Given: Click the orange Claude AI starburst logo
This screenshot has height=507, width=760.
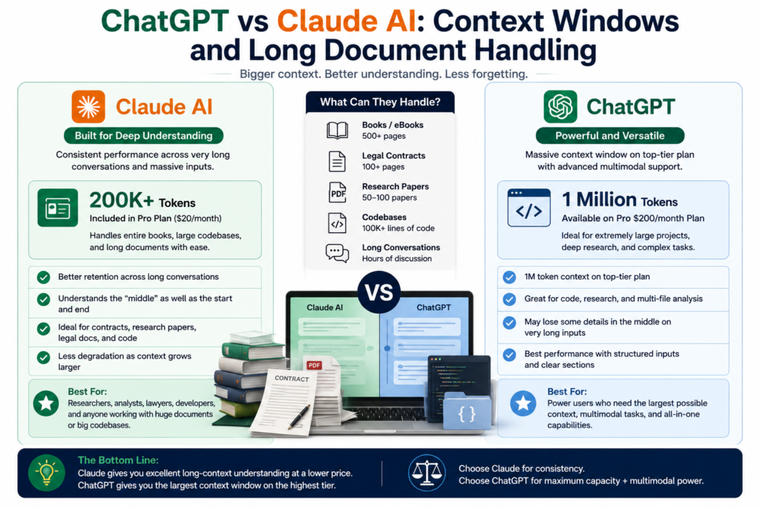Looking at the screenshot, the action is pos(88,107).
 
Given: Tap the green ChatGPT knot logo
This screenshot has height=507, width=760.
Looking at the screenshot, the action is pos(560,107).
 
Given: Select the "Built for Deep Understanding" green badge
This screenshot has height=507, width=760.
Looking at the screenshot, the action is pos(143,136).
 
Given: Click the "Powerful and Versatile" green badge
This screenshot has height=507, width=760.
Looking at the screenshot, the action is pos(610,136).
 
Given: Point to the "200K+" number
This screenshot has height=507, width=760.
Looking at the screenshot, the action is pos(122,200).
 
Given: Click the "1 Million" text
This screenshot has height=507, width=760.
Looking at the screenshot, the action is pos(599,200).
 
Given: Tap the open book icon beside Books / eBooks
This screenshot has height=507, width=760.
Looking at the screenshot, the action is pos(338,131).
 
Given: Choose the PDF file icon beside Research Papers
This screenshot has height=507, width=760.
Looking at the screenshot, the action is pos(338,192).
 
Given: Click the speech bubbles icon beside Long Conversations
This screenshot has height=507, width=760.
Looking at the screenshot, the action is pos(338,253).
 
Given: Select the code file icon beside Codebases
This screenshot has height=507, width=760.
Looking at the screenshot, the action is pos(338,223).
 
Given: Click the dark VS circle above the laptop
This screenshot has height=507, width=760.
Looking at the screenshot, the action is pos(379,292).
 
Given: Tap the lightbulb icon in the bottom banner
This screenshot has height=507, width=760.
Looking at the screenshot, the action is pos(47,473).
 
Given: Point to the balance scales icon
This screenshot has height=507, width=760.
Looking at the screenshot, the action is pos(427,473).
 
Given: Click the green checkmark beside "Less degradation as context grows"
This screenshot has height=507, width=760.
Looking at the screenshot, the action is pos(44,358).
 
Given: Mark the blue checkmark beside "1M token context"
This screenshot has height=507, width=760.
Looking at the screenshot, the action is pos(509,277).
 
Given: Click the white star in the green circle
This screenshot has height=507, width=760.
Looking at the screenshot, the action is pos(47,403).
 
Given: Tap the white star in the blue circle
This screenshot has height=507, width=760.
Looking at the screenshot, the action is pos(523,403).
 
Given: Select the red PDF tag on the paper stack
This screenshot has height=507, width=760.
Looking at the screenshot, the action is pos(314,365).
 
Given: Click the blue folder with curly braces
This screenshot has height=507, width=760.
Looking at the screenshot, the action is pos(467,411).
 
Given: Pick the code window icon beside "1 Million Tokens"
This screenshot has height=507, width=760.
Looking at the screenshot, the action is pos(528,208).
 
